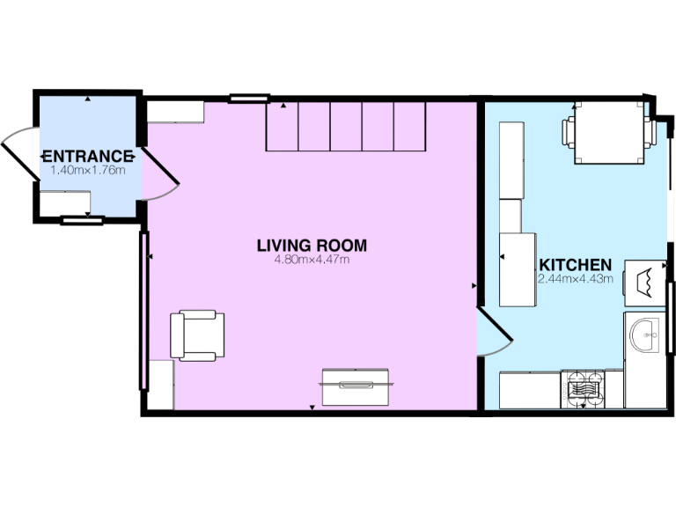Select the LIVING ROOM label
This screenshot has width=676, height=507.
pyautogui.click(x=312, y=246)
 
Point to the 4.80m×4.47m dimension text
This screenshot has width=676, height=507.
pyautogui.click(x=312, y=260)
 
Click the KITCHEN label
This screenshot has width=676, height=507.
pyautogui.click(x=575, y=265)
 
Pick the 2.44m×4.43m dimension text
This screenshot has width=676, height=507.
pyautogui.click(x=575, y=279)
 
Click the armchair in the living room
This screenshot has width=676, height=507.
pyautogui.click(x=197, y=335)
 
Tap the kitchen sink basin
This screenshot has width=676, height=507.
pyautogui.click(x=645, y=333)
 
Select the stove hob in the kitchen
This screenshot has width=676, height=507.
pyautogui.click(x=582, y=389)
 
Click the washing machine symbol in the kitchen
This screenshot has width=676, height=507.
pyautogui.click(x=645, y=282)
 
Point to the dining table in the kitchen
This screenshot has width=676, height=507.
pyautogui.click(x=607, y=133)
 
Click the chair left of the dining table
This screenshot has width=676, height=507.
pyautogui.click(x=569, y=132)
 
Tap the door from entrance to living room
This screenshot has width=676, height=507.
pyautogui.click(x=158, y=173)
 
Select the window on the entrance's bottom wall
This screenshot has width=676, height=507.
pyautogui.click(x=82, y=221)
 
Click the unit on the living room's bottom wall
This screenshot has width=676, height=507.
pyautogui.click(x=356, y=386)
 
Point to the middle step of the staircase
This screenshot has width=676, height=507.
pyautogui.click(x=346, y=127)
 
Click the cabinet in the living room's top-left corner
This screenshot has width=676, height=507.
pyautogui.click(x=175, y=112)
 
